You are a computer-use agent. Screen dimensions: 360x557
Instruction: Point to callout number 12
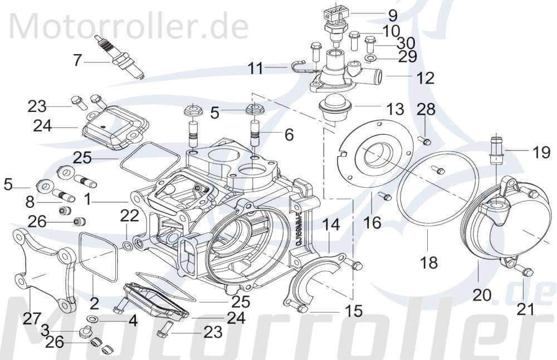(425, 77)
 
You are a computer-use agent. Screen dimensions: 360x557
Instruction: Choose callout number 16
(372, 222)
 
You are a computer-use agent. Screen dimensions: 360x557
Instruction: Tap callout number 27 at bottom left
(32, 319)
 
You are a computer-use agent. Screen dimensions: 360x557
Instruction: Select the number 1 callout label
(88, 199)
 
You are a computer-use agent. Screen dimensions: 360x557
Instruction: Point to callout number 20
(482, 295)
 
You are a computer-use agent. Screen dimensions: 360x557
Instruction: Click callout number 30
(406, 42)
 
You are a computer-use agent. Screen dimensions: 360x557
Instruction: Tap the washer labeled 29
(371, 58)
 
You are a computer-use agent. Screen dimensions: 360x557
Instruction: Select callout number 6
(289, 134)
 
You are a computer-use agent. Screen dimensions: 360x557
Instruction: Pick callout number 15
(353, 311)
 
